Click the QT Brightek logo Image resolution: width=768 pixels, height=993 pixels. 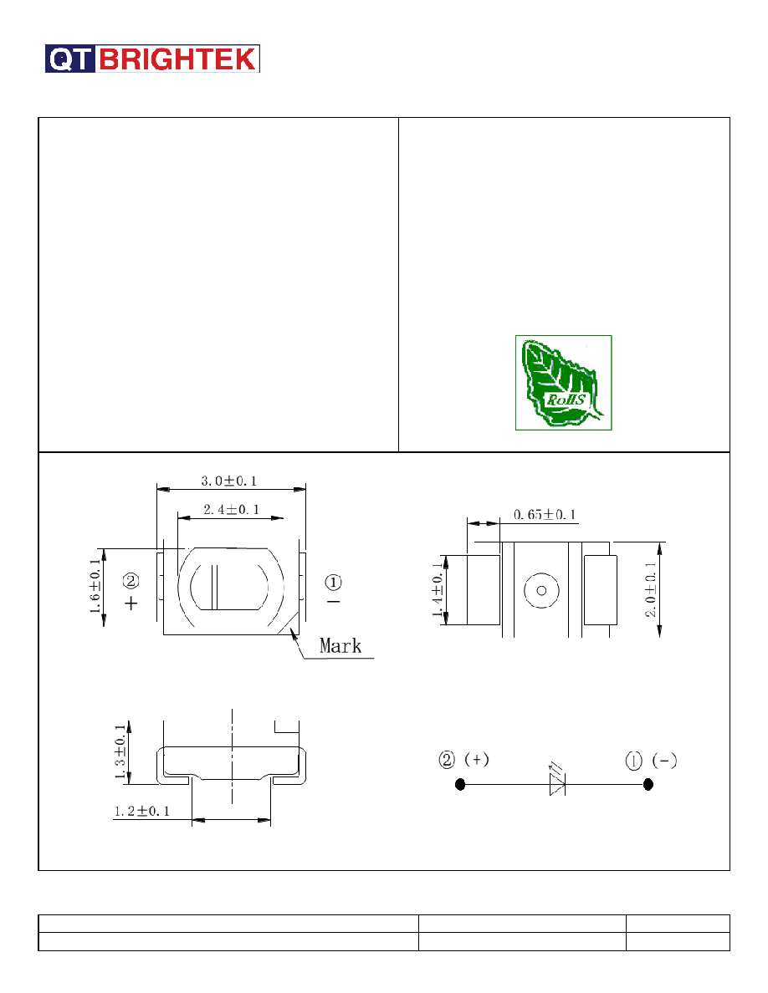tap(152, 59)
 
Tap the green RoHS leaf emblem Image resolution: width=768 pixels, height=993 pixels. tap(563, 383)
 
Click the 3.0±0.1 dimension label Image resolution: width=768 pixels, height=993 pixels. tap(229, 481)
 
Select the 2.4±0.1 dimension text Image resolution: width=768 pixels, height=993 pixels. tap(231, 509)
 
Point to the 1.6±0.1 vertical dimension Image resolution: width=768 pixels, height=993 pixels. tap(95, 587)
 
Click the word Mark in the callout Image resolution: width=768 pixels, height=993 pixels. tap(340, 646)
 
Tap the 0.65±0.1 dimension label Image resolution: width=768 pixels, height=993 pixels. tap(545, 514)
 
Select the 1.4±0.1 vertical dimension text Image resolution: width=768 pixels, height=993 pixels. tap(438, 589)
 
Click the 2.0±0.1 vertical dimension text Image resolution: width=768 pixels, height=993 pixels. tap(651, 589)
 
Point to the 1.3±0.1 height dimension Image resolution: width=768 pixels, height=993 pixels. tap(120, 752)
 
